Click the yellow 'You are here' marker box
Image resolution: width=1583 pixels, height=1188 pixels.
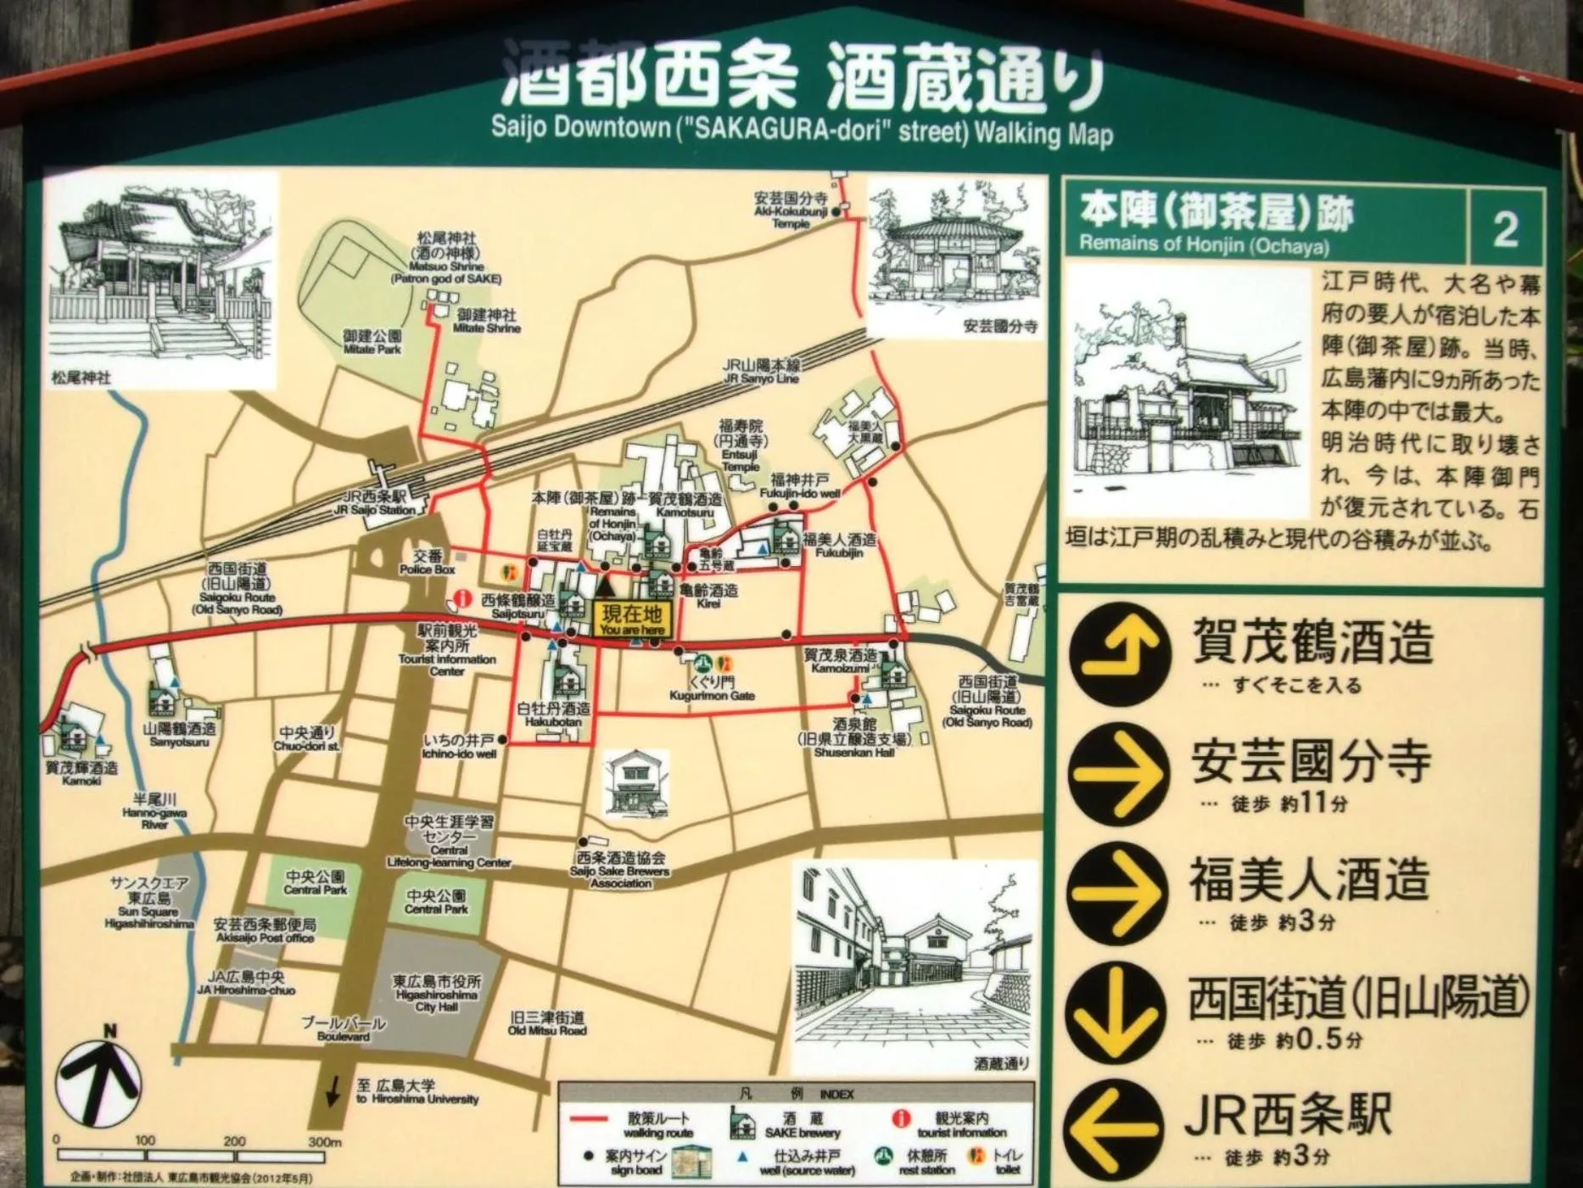[x=632, y=620]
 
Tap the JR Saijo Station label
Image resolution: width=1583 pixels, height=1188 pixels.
[x=376, y=502]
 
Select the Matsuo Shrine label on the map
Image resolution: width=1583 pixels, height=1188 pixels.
[x=446, y=258]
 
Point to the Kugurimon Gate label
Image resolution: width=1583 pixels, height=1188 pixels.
[x=712, y=688]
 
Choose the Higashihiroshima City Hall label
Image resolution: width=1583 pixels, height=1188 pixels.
[x=437, y=993]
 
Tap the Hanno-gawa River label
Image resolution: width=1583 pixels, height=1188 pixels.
[x=154, y=811]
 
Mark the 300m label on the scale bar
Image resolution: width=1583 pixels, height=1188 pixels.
[x=324, y=1141]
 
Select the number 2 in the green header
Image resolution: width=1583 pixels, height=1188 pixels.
[x=1505, y=229]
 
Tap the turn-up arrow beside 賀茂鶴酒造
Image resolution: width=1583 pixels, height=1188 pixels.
[x=1116, y=653]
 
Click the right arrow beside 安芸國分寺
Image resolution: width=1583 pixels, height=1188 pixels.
[x=1116, y=773]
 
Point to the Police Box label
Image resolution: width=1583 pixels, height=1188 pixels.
[x=428, y=563]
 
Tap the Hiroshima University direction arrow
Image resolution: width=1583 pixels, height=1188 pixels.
[x=335, y=1089]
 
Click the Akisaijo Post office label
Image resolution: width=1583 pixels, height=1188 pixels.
[x=266, y=930]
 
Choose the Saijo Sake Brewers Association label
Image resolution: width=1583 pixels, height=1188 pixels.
[x=621, y=870]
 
